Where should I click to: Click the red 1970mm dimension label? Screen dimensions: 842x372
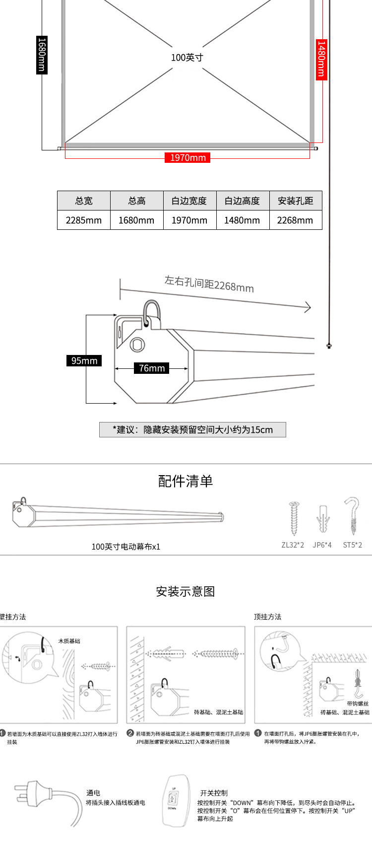tap(187, 158)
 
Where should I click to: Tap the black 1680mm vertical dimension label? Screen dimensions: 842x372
tap(42, 55)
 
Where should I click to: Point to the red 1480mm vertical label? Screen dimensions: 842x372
tap(321, 59)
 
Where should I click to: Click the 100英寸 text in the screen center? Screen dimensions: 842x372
tap(187, 58)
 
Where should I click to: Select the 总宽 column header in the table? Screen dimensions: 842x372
tap(84, 201)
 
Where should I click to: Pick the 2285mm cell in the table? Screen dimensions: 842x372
tap(84, 220)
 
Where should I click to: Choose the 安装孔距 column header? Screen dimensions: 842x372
tap(296, 201)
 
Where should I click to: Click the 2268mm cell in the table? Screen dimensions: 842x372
tap(295, 220)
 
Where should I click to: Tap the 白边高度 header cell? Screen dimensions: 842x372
tap(242, 201)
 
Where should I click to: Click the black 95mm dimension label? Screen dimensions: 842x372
tap(84, 361)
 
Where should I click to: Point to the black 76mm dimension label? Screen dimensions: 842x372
tap(152, 368)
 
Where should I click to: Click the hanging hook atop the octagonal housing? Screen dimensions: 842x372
tap(151, 314)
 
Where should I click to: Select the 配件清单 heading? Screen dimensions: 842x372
tap(186, 481)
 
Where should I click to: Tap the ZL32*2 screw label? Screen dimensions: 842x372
tap(293, 545)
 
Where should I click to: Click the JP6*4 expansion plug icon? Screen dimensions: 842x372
tap(323, 519)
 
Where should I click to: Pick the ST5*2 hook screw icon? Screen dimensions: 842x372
tap(353, 516)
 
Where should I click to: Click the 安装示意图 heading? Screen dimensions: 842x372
tap(186, 592)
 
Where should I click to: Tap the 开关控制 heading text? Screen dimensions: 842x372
tap(214, 793)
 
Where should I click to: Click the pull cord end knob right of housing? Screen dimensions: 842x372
tap(329, 346)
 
